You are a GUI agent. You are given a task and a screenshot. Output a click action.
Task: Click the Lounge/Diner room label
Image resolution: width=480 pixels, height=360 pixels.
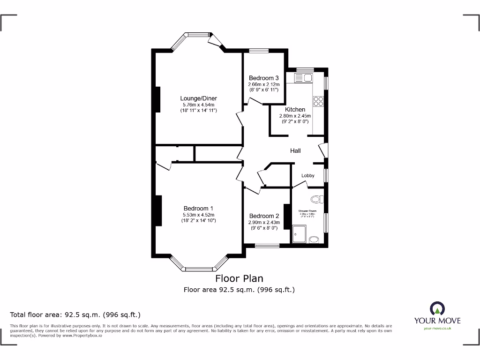click(199, 98)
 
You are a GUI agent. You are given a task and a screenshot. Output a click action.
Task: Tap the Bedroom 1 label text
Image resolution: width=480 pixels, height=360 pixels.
click(199, 209)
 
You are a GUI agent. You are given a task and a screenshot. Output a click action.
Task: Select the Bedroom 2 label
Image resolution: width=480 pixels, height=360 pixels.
click(264, 216)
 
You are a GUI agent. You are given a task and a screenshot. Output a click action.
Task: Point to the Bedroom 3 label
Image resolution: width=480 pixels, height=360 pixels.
click(264, 78)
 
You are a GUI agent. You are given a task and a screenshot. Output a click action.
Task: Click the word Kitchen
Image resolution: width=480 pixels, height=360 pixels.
click(295, 110)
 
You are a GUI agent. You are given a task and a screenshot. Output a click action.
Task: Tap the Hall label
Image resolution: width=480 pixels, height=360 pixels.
click(295, 151)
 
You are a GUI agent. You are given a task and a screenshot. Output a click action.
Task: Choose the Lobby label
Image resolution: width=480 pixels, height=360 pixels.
click(308, 176)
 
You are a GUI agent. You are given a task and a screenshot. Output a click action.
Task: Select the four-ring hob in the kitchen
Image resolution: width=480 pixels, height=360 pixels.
click(318, 101)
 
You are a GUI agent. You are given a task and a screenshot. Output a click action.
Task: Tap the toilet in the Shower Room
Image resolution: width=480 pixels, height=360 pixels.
click(318, 199)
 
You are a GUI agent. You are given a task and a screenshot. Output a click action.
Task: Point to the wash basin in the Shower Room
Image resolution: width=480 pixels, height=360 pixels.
click(314, 240)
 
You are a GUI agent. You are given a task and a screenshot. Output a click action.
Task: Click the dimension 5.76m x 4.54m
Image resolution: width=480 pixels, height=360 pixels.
click(199, 105)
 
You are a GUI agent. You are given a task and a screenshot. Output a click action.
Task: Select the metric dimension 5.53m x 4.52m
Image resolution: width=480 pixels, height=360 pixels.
click(199, 215)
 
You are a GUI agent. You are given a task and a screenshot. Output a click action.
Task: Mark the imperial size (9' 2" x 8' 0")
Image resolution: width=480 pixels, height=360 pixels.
click(295, 121)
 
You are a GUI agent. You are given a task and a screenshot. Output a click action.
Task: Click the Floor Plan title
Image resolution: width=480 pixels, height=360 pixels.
click(239, 278)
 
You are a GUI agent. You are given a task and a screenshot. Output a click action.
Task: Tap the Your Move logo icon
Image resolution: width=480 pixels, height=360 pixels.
click(437, 308)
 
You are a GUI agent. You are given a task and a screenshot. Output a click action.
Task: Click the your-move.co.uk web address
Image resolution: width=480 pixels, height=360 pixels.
click(437, 329)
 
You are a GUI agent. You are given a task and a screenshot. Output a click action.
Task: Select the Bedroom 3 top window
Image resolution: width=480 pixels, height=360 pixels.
click(259, 51)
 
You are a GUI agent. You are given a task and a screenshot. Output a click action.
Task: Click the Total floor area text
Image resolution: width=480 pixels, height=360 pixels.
click(75, 315)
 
